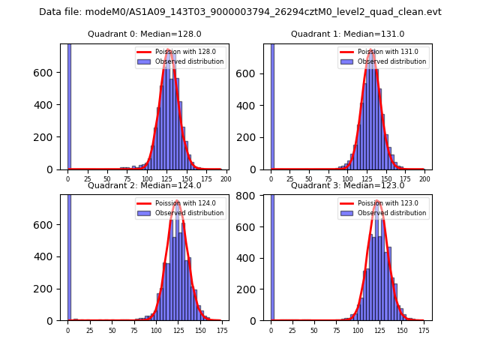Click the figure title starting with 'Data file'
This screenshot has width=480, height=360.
pos(240,12)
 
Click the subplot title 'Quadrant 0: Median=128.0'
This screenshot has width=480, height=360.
pos(144,34)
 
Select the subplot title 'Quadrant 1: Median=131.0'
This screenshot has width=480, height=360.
pos(347,34)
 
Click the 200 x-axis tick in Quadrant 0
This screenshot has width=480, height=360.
pos(226,180)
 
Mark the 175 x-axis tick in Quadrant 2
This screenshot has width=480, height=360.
pos(222,331)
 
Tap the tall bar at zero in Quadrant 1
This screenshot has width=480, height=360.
pos(272,105)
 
